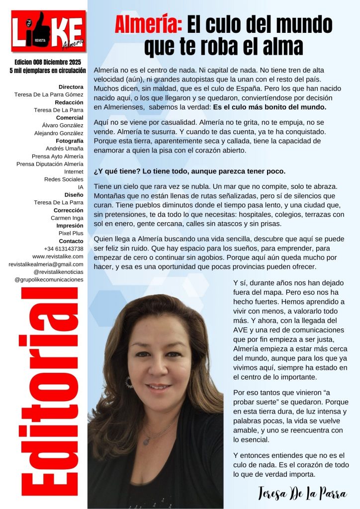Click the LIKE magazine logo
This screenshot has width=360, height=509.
pos(48,31)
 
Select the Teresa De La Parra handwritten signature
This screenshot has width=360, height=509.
pos(302,493)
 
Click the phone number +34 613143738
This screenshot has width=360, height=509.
pos(63,248)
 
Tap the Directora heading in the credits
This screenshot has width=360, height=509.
pos(71,86)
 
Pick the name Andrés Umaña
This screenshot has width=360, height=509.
pos(64,148)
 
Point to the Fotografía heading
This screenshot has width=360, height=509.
pos(68,141)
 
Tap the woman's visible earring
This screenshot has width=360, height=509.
pos(129,382)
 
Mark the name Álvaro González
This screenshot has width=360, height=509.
pos(62,125)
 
